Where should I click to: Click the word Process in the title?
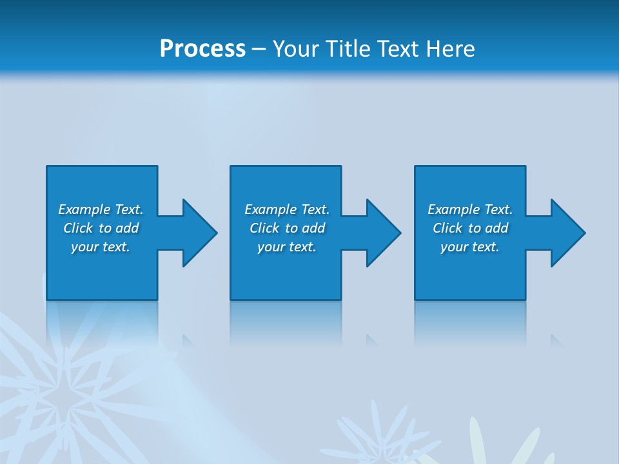(202, 49)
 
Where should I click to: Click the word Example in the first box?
(84, 209)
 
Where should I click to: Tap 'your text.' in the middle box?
(286, 247)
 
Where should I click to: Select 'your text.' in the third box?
(469, 247)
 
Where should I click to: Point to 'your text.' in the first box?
(101, 247)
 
